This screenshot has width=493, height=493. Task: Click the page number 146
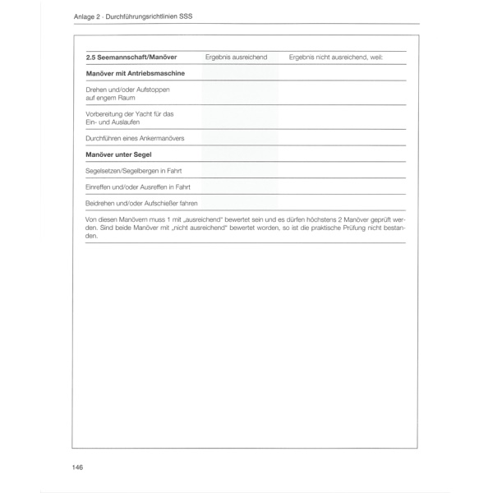[x=78, y=468]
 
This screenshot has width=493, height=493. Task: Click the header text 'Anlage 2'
[x=87, y=16]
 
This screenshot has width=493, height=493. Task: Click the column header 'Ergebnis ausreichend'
[x=236, y=58]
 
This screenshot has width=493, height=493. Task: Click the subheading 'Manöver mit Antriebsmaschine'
[x=135, y=73]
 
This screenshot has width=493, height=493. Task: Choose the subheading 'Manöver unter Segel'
[x=120, y=154]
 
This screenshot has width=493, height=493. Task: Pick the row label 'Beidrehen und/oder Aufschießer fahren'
[x=141, y=203]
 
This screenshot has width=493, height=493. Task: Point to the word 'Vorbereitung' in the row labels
[x=105, y=113]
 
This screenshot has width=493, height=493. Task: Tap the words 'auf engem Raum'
[x=110, y=97]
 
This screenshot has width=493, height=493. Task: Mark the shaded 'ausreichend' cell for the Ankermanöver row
[x=240, y=138]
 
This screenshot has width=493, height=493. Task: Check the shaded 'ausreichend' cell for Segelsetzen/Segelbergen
[x=240, y=171]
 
